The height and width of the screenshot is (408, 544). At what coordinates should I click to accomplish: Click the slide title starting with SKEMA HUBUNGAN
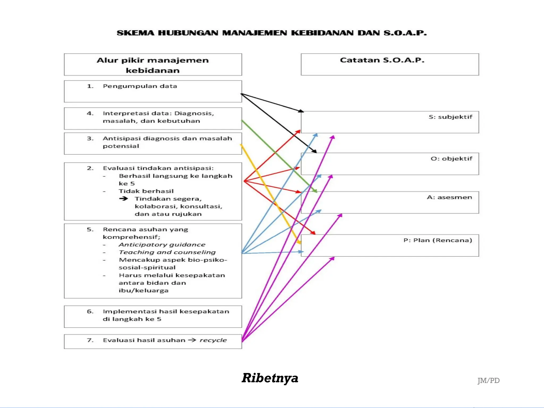[271, 33]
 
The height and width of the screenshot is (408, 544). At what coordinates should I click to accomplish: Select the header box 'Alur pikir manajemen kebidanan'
[153, 65]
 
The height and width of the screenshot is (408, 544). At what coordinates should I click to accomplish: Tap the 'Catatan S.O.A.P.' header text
[382, 60]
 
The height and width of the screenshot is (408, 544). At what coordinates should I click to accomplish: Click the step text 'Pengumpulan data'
[140, 86]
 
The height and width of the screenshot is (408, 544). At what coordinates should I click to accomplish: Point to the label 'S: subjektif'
[450, 117]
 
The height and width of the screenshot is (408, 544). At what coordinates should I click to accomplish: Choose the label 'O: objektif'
[451, 159]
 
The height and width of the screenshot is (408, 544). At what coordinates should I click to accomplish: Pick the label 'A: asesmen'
[449, 197]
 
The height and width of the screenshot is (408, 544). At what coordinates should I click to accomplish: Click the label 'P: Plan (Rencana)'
[437, 240]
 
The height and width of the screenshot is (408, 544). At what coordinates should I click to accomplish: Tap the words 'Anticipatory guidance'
[162, 245]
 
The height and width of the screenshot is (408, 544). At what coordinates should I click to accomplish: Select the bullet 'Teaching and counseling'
[167, 252]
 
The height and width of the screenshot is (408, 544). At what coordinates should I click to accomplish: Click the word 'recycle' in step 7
[213, 340]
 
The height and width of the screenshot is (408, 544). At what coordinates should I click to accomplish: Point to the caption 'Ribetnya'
[270, 378]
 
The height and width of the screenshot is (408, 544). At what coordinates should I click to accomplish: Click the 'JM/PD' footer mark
[488, 381]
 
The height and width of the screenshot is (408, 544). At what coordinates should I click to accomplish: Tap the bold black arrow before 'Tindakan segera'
[124, 199]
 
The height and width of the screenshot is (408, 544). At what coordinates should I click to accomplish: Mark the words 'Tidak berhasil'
[146, 191]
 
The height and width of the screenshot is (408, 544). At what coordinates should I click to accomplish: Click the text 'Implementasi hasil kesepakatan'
[166, 312]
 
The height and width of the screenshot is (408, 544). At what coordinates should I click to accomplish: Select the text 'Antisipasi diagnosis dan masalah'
[167, 138]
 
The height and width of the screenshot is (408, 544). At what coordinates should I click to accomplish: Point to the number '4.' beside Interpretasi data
[90, 113]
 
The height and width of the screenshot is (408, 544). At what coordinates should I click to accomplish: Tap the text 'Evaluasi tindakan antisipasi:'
[158, 168]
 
